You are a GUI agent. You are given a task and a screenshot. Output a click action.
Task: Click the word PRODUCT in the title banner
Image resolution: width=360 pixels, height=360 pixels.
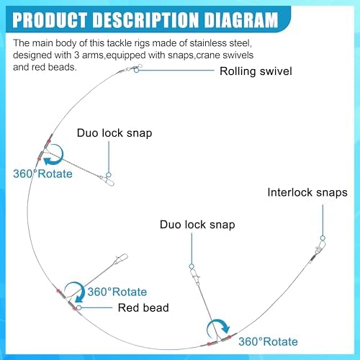(x=50, y=20)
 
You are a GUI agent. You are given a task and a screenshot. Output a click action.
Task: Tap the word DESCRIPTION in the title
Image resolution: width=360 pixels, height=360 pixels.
(x=146, y=20)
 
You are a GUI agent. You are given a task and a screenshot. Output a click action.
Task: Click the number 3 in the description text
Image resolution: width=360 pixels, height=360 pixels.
(x=76, y=55)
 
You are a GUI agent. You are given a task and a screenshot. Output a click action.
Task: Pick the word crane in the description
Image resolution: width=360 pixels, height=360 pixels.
(x=208, y=55)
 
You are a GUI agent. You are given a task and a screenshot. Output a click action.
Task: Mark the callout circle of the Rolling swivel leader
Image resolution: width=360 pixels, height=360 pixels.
(x=136, y=71)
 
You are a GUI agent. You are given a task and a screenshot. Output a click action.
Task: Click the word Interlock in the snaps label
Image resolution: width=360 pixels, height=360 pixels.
(x=289, y=192)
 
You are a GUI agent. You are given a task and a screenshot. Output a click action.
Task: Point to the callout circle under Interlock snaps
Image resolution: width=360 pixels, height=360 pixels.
(x=323, y=238)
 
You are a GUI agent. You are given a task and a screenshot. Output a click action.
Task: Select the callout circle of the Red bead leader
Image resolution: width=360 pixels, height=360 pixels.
(x=78, y=307)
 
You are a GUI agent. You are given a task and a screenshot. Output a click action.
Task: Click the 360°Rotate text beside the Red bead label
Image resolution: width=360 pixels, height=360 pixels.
(x=117, y=292)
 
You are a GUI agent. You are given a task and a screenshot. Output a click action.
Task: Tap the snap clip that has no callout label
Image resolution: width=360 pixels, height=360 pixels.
(x=121, y=258)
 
